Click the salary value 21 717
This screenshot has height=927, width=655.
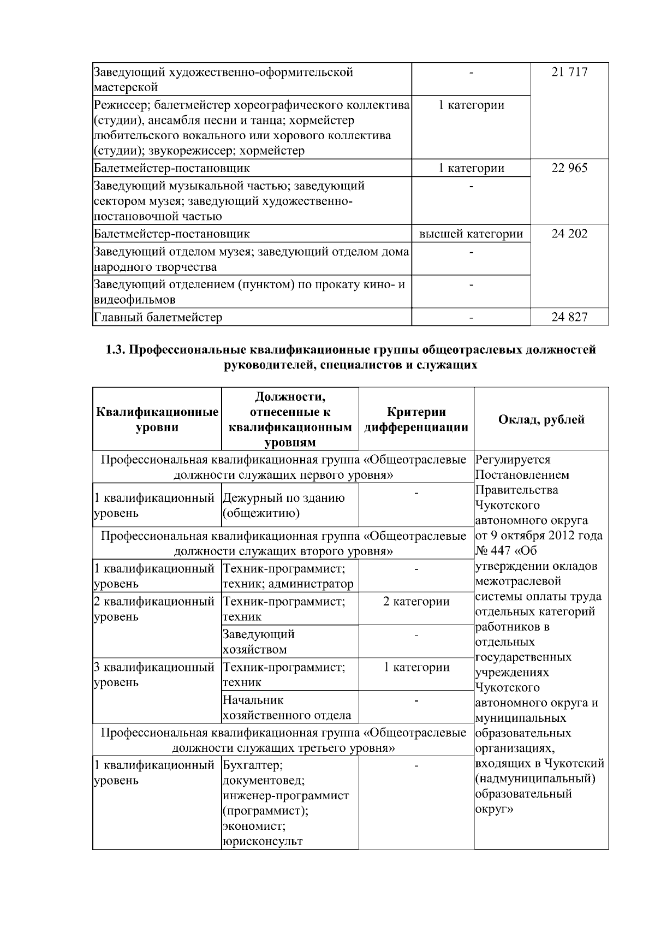click(569, 72)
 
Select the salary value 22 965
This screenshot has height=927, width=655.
click(569, 168)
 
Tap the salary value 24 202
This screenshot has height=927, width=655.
click(569, 234)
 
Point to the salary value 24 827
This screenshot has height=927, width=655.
click(569, 317)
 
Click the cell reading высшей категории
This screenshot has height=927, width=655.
click(471, 234)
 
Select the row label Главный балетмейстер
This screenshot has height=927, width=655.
click(158, 317)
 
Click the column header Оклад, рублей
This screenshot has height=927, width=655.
click(541, 419)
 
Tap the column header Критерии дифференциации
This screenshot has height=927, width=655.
click(416, 419)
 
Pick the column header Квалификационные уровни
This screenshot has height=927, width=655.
click(157, 419)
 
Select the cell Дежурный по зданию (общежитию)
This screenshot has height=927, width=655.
click(284, 506)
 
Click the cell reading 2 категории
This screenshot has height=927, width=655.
click(416, 602)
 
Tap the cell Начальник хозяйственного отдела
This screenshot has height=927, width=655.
click(287, 708)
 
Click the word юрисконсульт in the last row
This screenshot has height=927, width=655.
click(263, 841)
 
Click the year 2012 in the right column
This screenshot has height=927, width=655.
click(557, 535)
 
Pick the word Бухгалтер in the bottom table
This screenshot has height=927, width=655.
click(253, 765)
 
